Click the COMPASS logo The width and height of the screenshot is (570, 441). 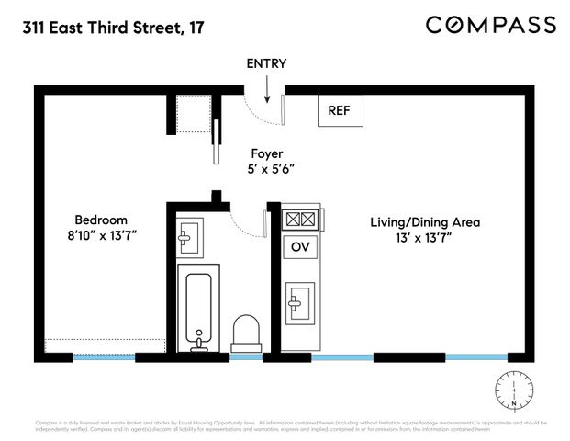(491, 25)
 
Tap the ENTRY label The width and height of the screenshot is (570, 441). (266, 64)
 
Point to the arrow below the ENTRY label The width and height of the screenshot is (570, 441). (266, 89)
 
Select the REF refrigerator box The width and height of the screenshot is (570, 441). (340, 111)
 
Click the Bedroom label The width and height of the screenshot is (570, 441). (101, 220)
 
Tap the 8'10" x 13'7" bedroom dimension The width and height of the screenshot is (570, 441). (101, 236)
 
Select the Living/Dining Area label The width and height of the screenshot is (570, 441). (425, 222)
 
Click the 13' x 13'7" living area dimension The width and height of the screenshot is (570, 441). (425, 238)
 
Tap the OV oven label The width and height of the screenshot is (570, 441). (300, 247)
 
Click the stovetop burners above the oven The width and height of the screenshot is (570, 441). (300, 220)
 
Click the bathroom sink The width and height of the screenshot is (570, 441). (190, 237)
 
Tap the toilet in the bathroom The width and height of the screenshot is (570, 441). (246, 332)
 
